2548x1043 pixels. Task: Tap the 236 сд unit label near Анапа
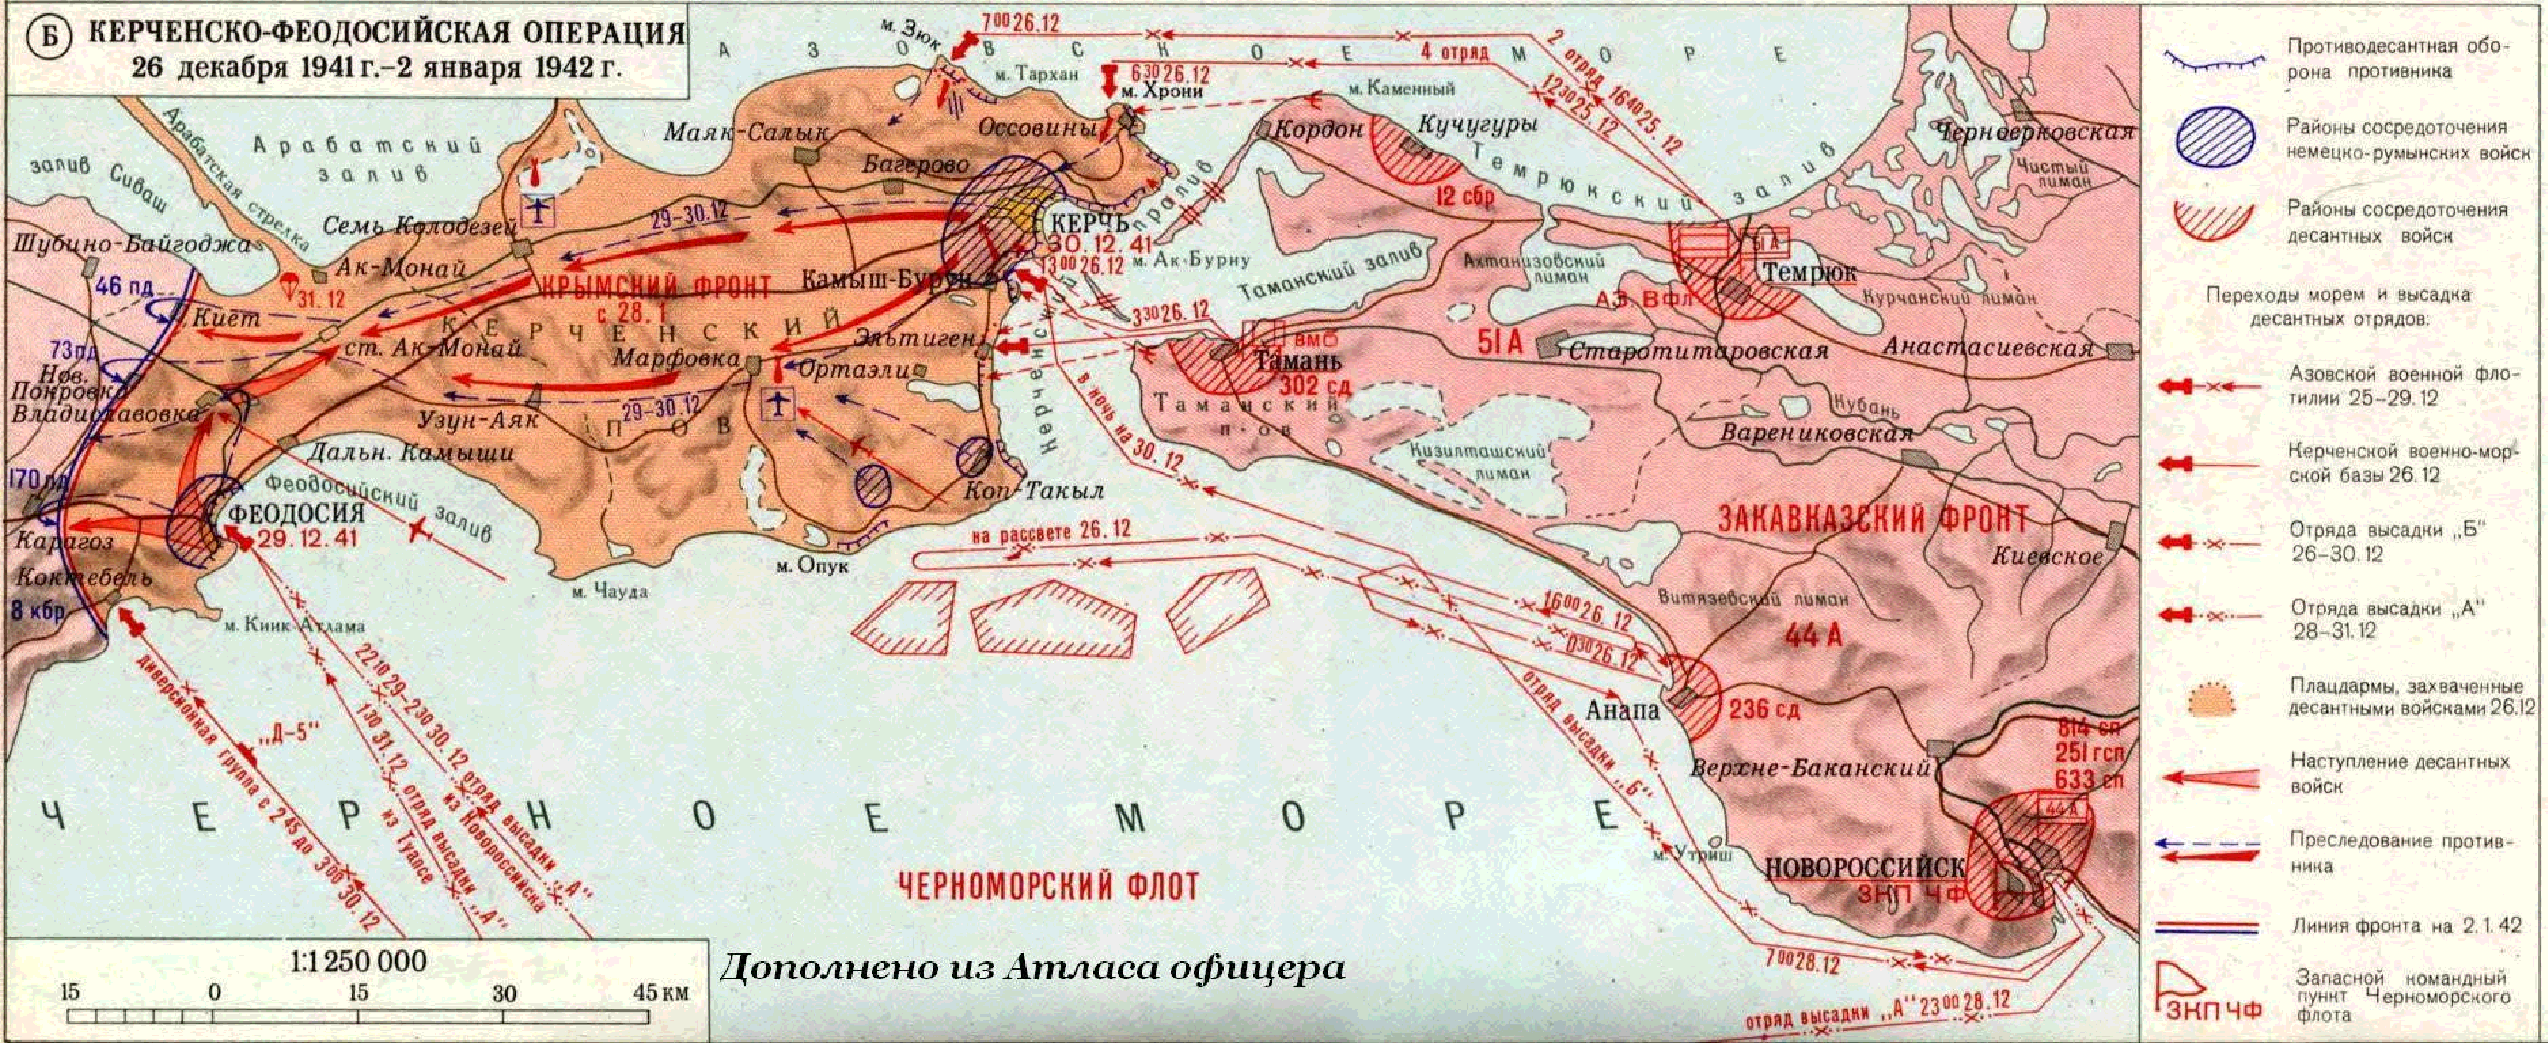[x=1764, y=710]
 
